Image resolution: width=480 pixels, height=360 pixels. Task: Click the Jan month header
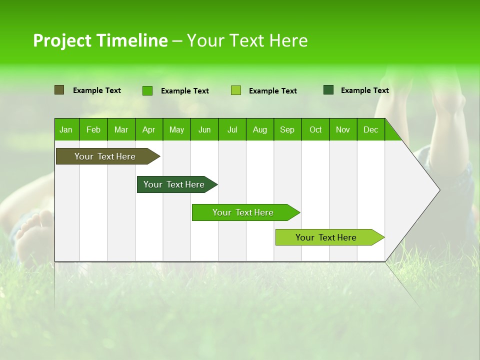[66, 129]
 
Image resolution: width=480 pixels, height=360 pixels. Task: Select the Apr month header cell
[149, 129]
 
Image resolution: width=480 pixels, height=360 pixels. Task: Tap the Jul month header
[232, 129]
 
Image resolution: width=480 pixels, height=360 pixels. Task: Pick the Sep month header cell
[287, 129]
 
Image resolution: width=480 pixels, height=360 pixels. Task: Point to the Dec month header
[370, 129]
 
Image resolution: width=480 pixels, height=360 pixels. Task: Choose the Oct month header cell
[315, 129]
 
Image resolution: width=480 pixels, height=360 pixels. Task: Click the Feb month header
[93, 129]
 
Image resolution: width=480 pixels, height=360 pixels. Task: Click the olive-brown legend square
[59, 90]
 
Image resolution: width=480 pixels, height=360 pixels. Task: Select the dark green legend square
[328, 90]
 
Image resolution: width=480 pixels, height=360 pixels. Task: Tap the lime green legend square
[236, 90]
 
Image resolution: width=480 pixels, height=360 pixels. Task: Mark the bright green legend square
[147, 90]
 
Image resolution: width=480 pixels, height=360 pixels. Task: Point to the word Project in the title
[63, 40]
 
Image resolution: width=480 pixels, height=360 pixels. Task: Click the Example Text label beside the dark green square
[364, 90]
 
